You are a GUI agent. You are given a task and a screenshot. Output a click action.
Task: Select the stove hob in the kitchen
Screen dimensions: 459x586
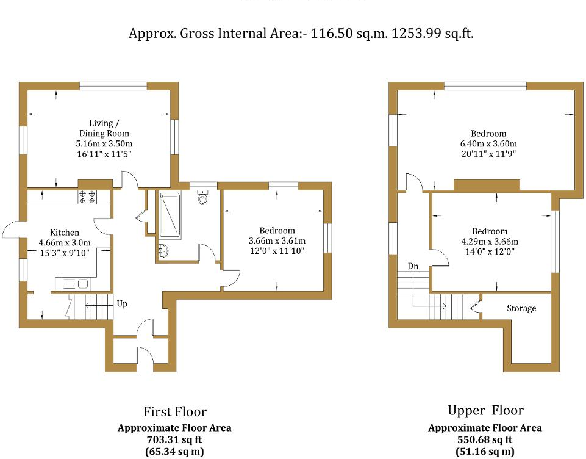(87, 197)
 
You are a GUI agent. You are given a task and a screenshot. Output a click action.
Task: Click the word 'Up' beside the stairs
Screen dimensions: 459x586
(121, 303)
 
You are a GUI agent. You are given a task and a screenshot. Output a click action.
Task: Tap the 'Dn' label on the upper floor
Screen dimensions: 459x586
(413, 266)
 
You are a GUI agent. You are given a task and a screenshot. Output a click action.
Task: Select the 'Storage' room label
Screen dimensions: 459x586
(521, 308)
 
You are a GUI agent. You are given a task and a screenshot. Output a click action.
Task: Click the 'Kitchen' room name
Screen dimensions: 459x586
(64, 232)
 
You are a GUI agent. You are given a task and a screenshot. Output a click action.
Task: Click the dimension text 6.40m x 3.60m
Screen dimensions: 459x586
(488, 143)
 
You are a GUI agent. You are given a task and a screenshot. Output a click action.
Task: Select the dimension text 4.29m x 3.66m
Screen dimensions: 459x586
(489, 241)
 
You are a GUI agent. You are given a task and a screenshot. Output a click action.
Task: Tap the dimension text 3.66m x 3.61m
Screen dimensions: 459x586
(277, 240)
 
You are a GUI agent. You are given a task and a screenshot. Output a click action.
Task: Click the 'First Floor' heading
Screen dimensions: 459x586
(174, 411)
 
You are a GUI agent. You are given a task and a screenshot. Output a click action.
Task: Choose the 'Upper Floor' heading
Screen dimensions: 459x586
(485, 410)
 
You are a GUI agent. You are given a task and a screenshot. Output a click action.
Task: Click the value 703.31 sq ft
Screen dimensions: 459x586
(174, 439)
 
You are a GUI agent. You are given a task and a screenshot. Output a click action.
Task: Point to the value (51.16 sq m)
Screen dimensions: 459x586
(485, 452)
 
